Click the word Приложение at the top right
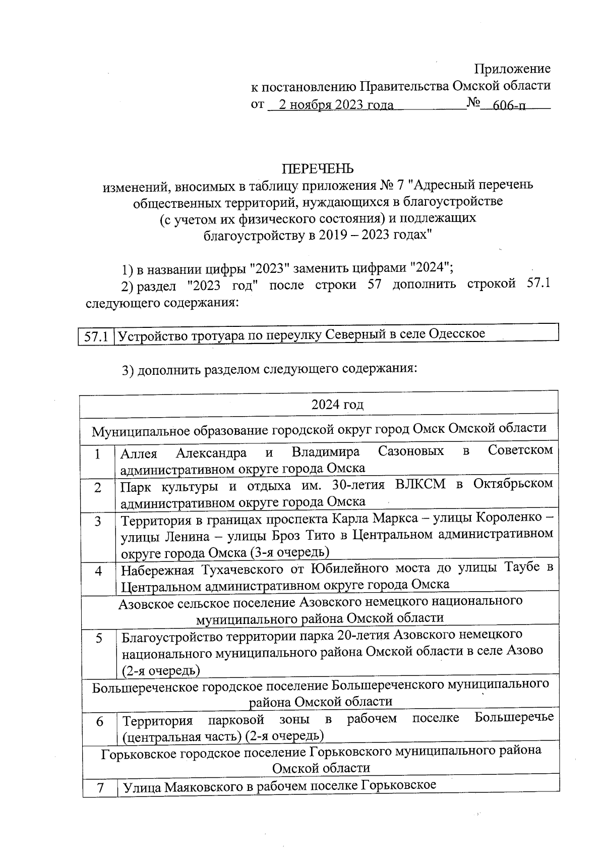pos(513,69)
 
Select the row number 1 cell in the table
pos(97,454)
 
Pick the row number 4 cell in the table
pos(99,571)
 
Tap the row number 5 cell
pos(99,638)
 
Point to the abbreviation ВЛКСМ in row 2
pos(420,485)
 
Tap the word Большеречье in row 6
pos(514,717)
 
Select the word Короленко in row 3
pos(509,518)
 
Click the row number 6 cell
pos(100,722)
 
